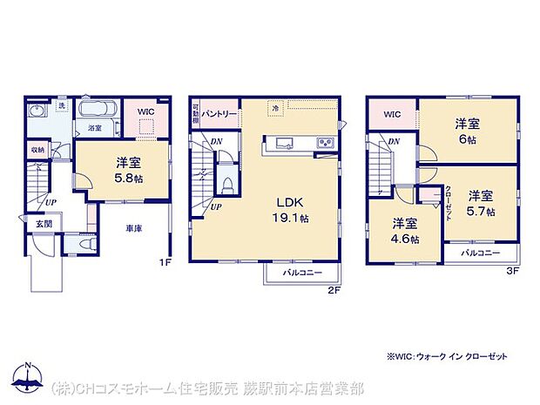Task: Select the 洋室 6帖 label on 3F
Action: [468, 132]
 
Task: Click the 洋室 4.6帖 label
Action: [404, 229]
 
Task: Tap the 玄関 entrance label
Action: [44, 224]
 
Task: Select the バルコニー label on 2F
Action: [300, 273]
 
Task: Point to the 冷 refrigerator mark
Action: [274, 108]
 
